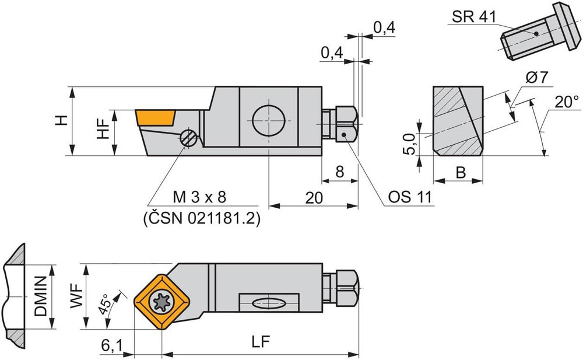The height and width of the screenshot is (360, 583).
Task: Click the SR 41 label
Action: point(473,17)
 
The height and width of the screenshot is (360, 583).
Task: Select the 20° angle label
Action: point(567,102)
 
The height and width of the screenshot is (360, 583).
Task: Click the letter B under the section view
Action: point(460,173)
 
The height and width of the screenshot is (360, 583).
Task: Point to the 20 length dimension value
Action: point(314,198)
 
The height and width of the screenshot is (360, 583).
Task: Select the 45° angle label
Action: point(105,305)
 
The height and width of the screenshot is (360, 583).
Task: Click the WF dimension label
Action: point(75,298)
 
